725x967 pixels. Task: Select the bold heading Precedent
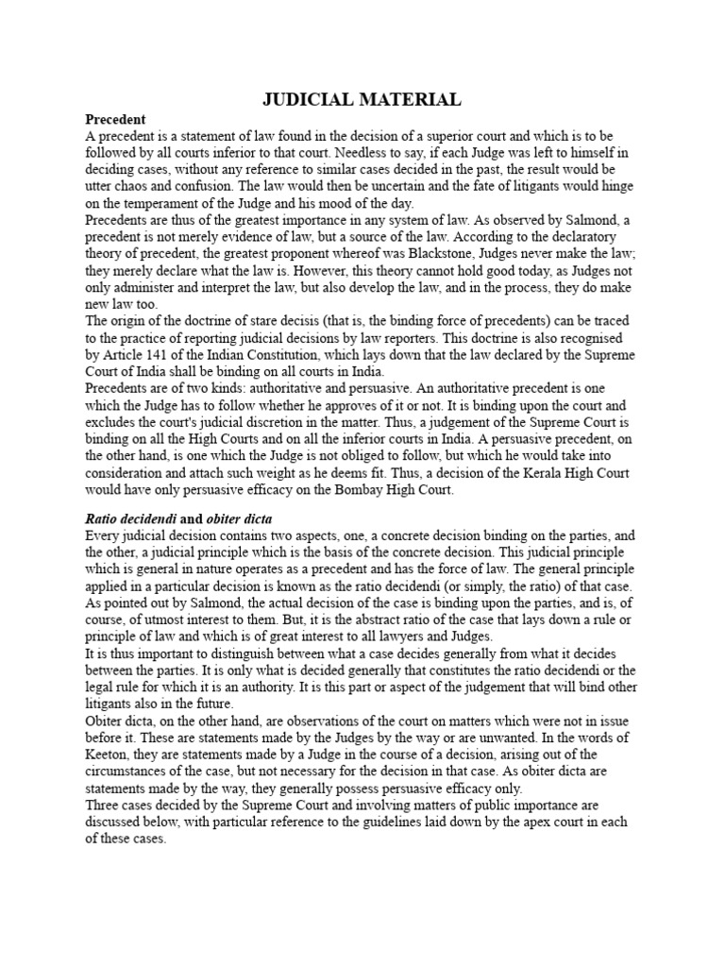115,120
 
